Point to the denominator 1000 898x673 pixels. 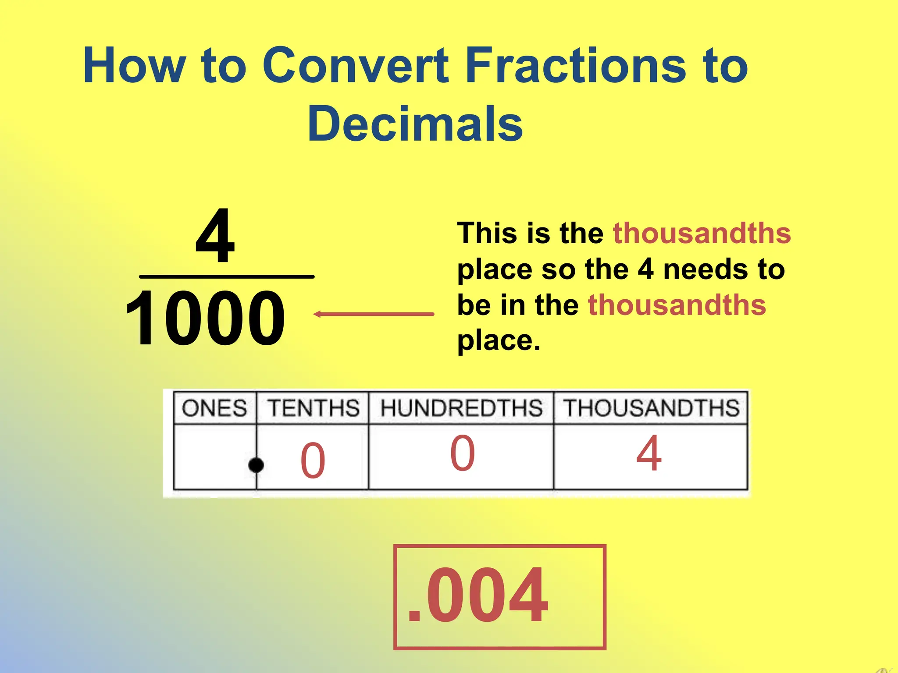point(205,318)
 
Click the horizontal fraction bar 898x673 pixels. point(226,276)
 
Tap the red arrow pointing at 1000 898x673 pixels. point(374,314)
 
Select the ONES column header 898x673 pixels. point(214,408)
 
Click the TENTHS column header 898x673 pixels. point(313,408)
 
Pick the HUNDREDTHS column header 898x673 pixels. point(461,408)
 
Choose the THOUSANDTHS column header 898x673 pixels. point(651,408)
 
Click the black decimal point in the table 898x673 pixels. point(256,465)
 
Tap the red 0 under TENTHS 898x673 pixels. point(313,460)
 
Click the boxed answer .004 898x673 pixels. point(499,596)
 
